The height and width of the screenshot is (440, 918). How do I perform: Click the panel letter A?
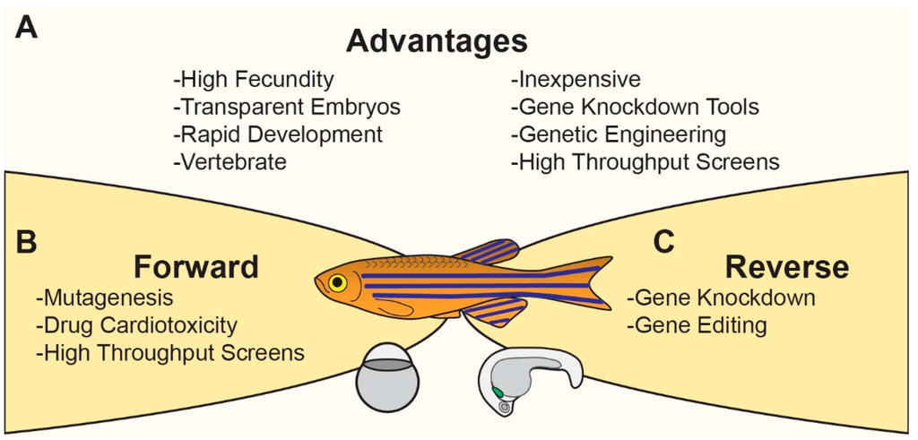click(x=27, y=30)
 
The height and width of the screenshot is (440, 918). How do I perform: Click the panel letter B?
click(x=27, y=243)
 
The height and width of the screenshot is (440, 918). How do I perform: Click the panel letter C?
click(x=663, y=243)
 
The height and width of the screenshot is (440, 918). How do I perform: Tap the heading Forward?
click(x=196, y=267)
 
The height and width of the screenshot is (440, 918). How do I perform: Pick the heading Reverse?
click(x=786, y=267)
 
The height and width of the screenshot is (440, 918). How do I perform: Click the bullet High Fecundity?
click(x=254, y=80)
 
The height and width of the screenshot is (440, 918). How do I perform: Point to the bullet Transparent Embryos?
click(x=286, y=108)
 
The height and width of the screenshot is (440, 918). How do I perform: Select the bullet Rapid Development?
click(x=277, y=134)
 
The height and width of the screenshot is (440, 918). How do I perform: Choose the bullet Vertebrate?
click(x=229, y=162)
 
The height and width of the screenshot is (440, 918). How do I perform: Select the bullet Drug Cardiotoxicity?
click(x=139, y=324)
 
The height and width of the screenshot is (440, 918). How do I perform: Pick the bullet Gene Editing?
click(x=697, y=324)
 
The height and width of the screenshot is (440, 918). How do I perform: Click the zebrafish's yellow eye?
click(x=337, y=283)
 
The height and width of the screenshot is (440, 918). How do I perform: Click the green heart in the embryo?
click(x=497, y=393)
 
